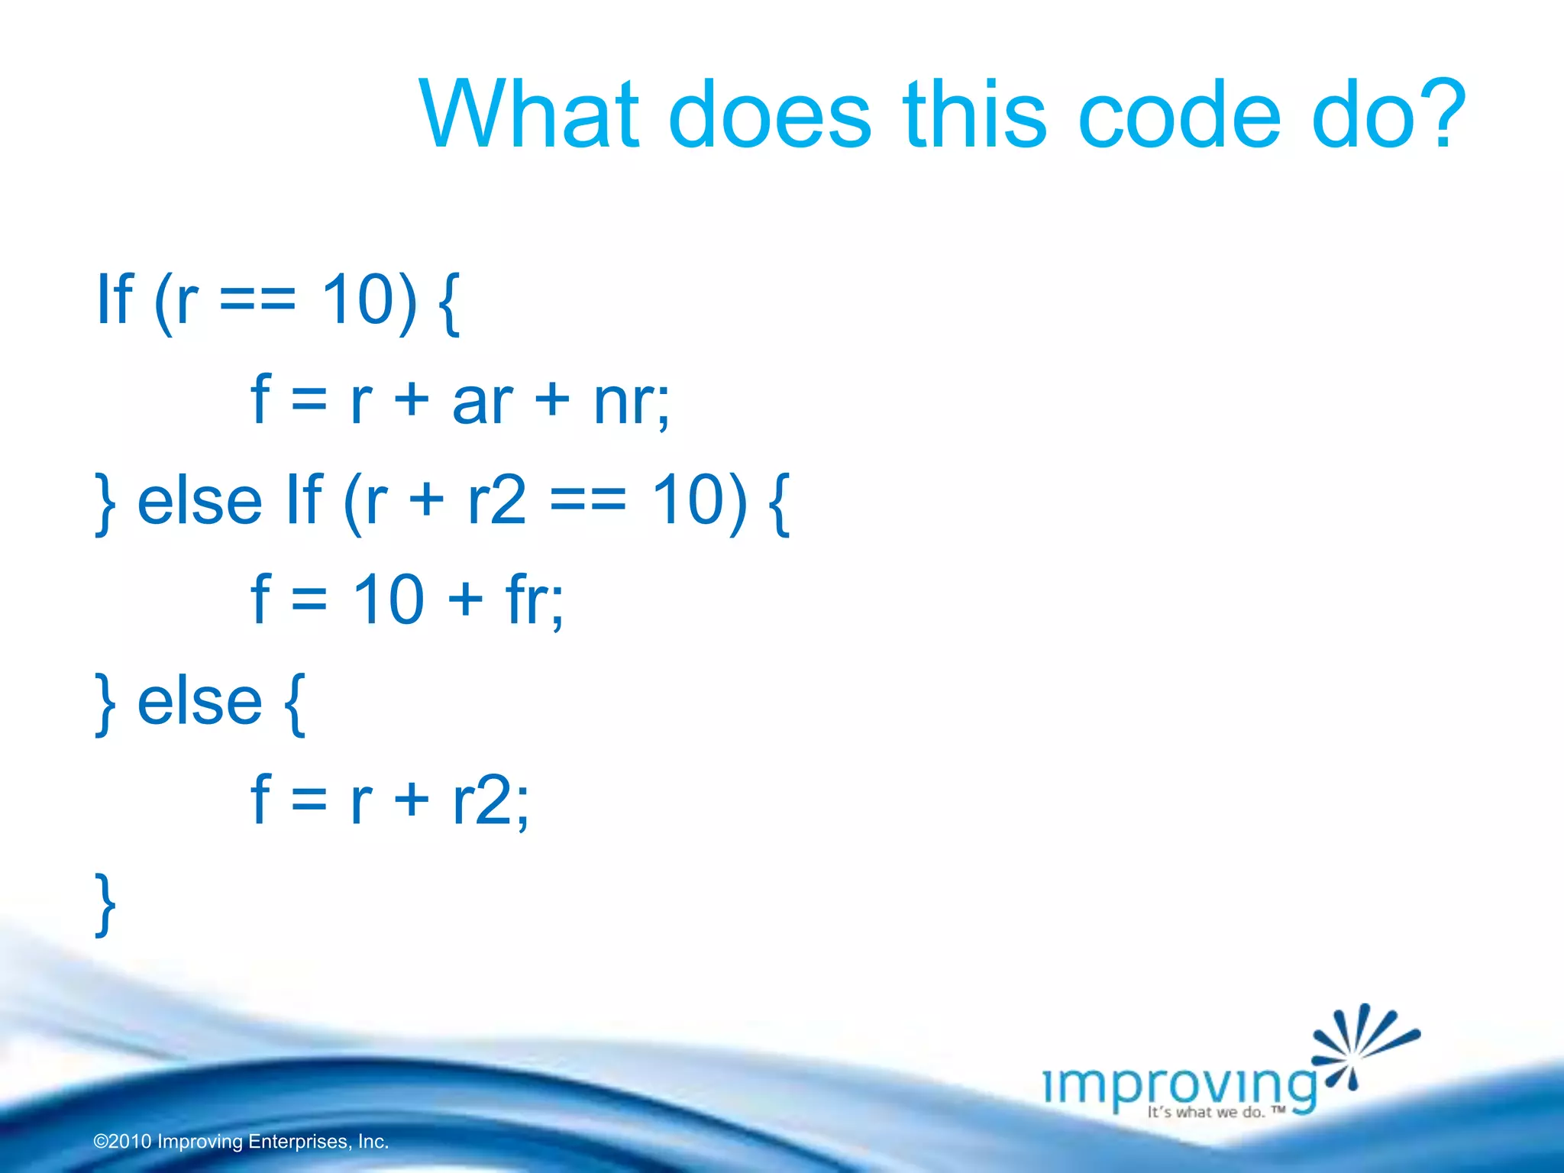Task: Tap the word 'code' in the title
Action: click(x=1179, y=115)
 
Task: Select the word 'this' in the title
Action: click(x=974, y=115)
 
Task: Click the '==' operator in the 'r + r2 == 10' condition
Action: click(x=588, y=502)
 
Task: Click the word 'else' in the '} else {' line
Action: click(x=199, y=702)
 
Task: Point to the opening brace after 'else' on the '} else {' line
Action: click(x=295, y=703)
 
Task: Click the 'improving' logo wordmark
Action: click(x=1179, y=1084)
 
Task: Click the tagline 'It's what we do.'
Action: click(x=1206, y=1113)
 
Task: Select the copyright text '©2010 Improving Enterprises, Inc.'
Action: click(x=241, y=1142)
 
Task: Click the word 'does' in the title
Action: click(x=770, y=115)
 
